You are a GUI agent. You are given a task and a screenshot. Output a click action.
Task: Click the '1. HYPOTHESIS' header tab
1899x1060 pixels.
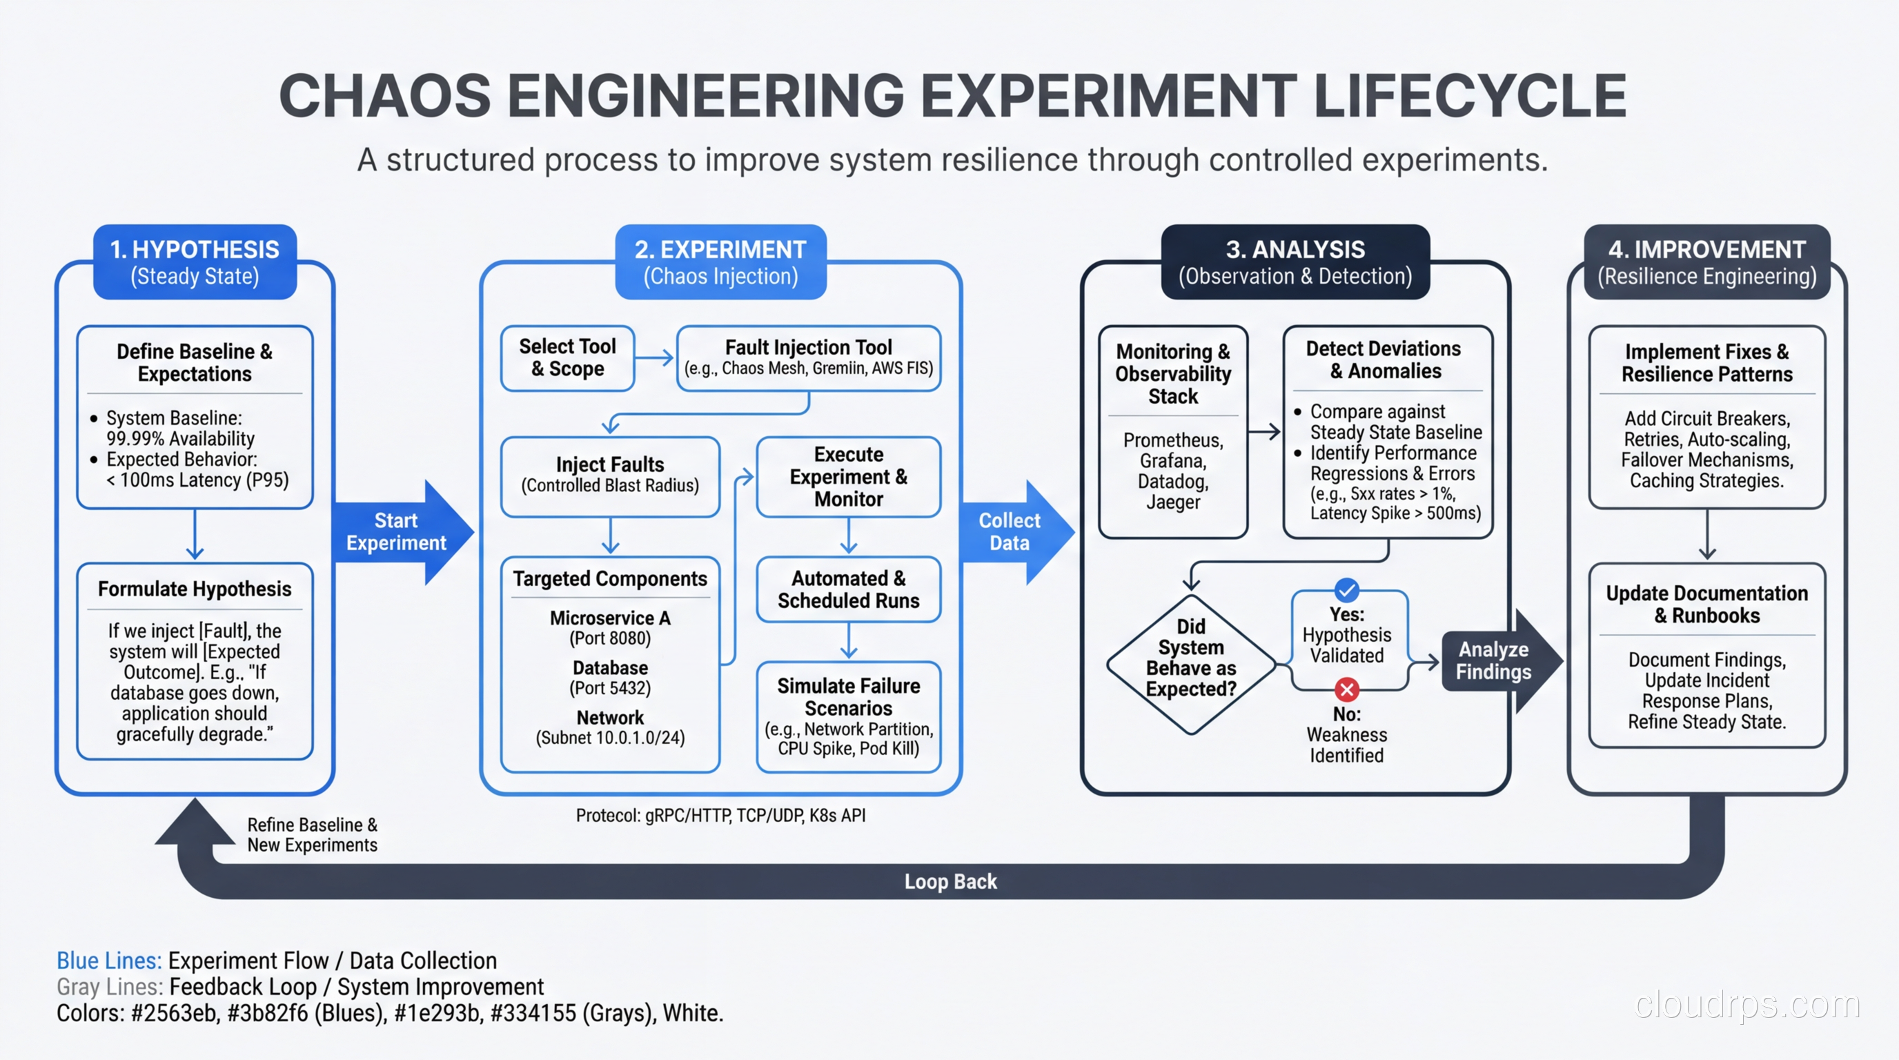(195, 262)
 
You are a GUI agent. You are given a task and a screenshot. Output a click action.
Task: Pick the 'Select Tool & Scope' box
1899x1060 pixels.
(567, 357)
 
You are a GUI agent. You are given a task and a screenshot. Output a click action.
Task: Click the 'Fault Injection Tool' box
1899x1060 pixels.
(808, 357)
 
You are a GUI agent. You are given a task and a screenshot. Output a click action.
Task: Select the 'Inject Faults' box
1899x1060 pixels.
(610, 475)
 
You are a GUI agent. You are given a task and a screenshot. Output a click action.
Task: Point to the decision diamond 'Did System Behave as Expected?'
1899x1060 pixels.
(1190, 658)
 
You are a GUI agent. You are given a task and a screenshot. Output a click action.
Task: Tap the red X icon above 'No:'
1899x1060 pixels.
(1346, 689)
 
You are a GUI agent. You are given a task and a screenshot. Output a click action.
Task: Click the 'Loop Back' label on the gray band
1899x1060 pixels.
(949, 882)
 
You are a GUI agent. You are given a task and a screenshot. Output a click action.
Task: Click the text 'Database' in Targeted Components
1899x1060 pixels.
(610, 668)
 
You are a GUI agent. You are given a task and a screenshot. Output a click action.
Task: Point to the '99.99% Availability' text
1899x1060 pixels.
(180, 439)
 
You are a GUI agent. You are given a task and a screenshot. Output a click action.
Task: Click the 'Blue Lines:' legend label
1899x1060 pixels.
(108, 961)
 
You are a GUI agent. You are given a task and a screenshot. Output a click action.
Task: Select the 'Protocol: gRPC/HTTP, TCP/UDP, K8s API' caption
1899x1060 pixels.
(720, 815)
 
